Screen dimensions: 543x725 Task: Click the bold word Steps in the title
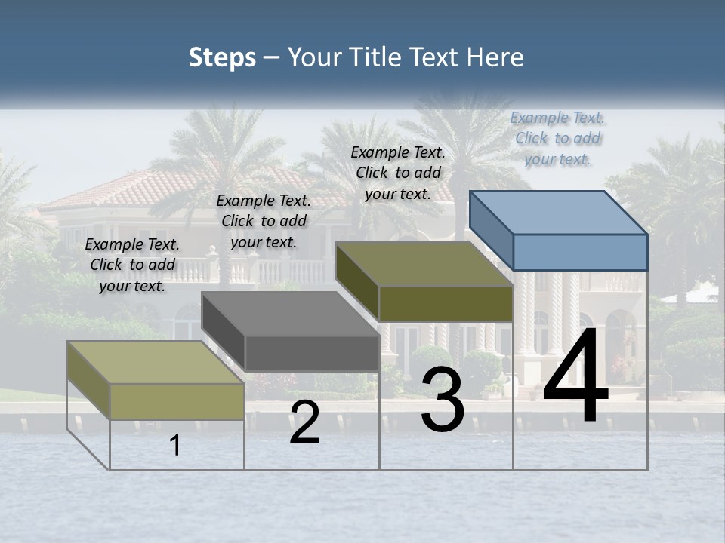(222, 57)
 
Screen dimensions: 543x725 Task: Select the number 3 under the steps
(443, 400)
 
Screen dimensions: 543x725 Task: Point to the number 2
(304, 422)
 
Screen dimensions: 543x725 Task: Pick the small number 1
(175, 445)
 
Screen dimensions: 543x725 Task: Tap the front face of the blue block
(580, 252)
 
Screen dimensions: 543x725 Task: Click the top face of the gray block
(291, 314)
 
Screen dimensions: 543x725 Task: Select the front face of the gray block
(312, 353)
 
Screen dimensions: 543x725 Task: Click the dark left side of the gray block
(224, 330)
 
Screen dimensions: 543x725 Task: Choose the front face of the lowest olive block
(177, 401)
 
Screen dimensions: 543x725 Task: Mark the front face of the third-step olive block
(446, 303)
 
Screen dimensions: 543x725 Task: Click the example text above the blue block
(558, 138)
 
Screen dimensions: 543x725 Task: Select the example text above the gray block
(264, 221)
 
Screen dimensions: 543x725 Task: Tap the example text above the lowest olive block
(132, 265)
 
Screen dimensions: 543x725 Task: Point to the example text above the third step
(398, 173)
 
